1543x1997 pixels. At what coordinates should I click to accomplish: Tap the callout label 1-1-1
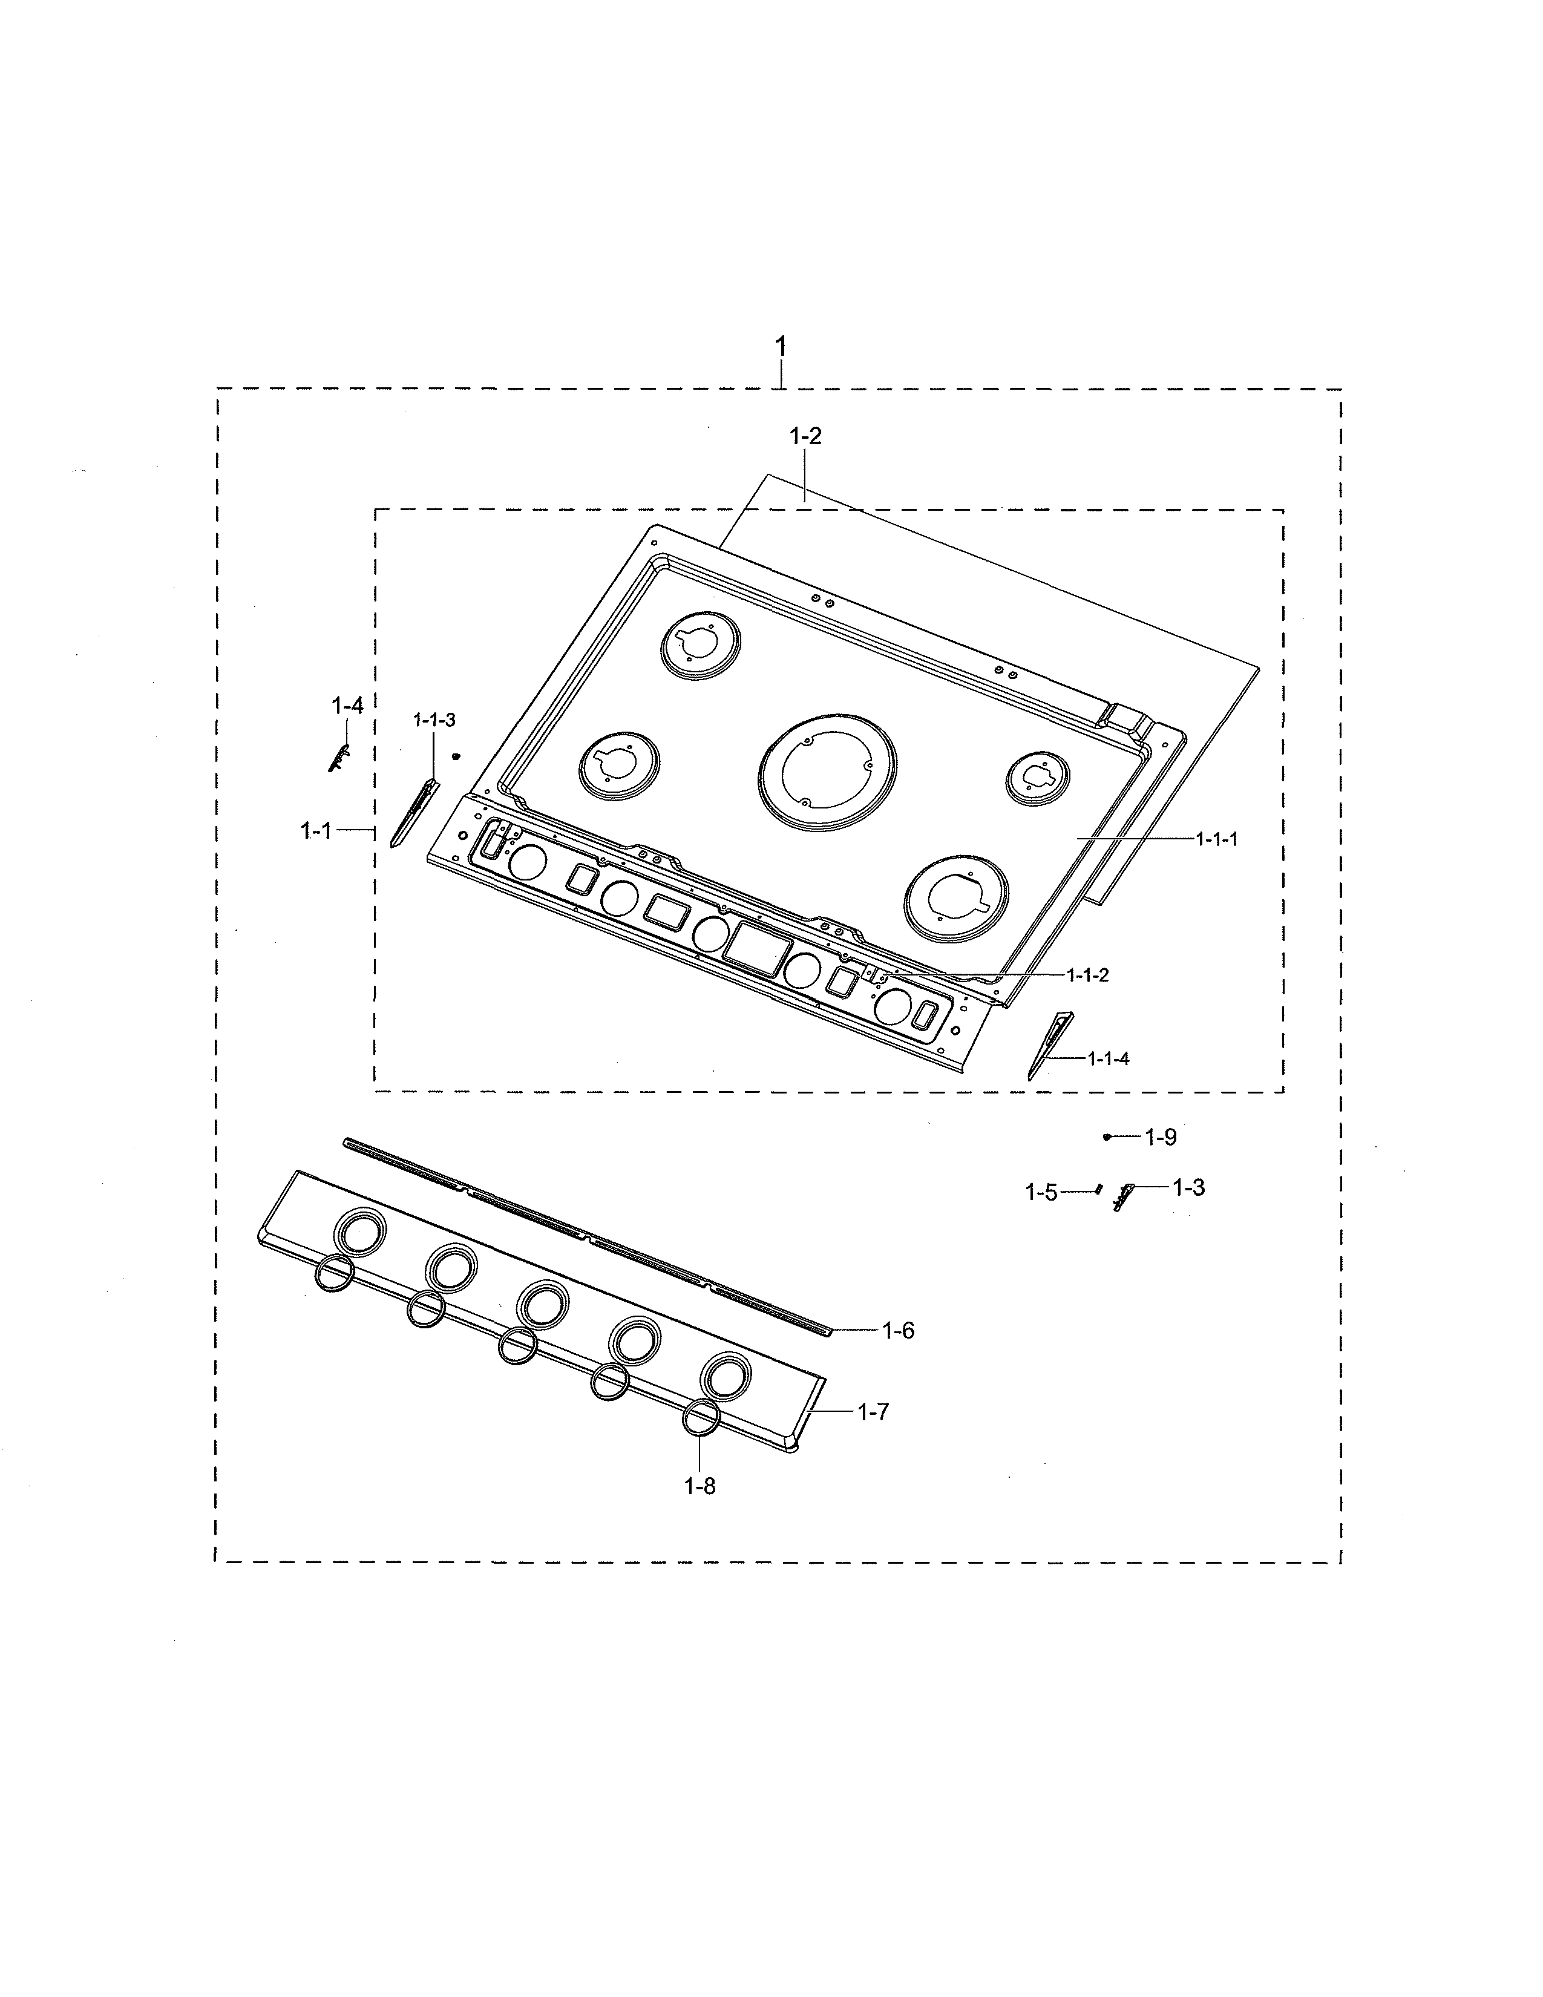pyautogui.click(x=1217, y=839)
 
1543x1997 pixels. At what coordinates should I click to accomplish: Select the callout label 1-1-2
pyautogui.click(x=1088, y=975)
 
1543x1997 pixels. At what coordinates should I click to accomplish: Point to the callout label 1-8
pyautogui.click(x=700, y=1486)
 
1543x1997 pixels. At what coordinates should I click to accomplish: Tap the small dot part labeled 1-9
pyautogui.click(x=1107, y=1136)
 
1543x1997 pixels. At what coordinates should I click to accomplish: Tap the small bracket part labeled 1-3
pyautogui.click(x=1124, y=1195)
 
